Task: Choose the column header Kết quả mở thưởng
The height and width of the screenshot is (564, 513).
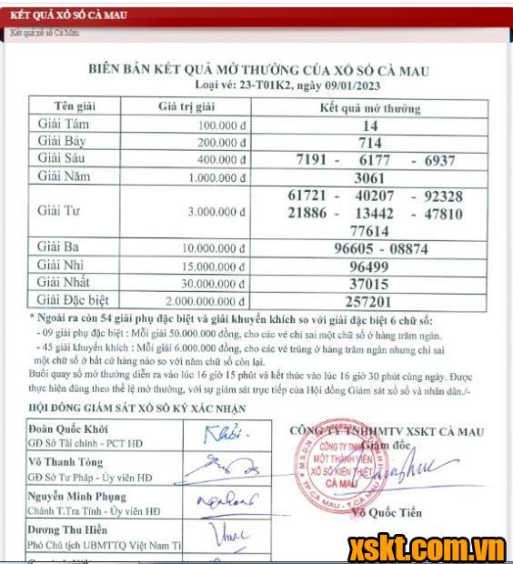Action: pyautogui.click(x=370, y=107)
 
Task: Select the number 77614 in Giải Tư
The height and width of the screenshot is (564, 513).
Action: pyautogui.click(x=369, y=231)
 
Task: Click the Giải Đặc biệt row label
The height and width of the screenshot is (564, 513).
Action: pyautogui.click(x=75, y=301)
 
